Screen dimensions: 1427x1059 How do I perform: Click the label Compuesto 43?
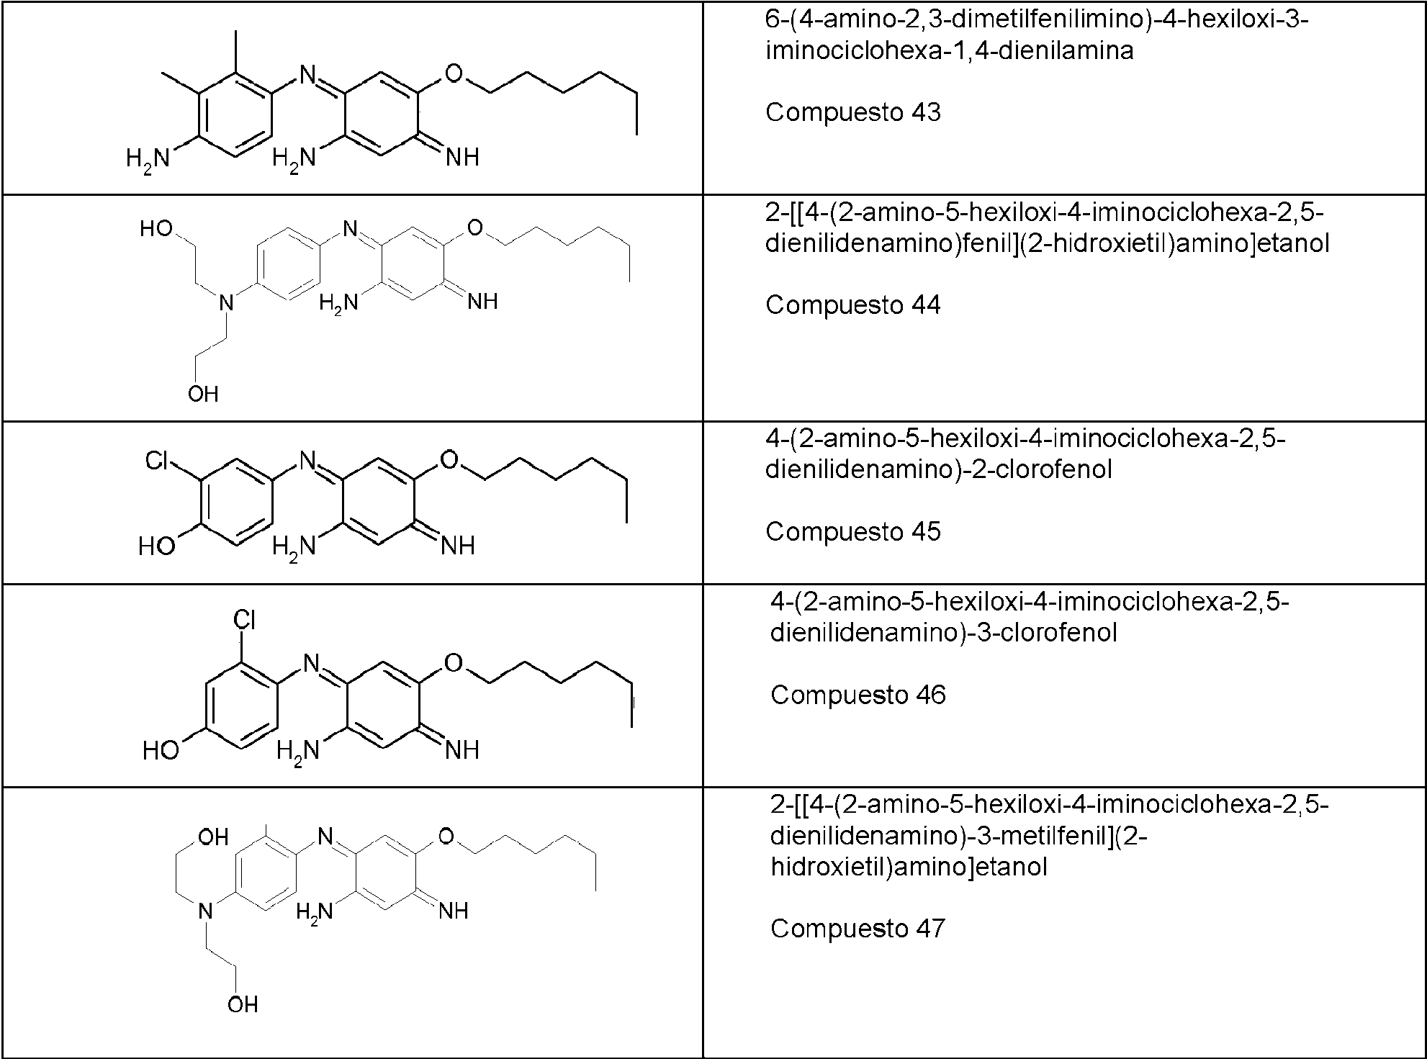(852, 112)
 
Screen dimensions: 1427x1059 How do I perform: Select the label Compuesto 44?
(852, 305)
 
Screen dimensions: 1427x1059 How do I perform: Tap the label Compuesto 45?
(852, 532)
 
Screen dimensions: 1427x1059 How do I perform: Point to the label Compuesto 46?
(857, 695)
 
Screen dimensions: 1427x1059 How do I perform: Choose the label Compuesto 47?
(857, 929)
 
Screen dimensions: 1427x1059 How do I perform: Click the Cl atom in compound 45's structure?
(157, 461)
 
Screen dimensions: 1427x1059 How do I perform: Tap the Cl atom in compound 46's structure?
(245, 620)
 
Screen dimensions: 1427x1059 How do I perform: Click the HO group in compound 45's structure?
(157, 546)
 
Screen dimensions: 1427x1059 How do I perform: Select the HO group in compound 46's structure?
(161, 751)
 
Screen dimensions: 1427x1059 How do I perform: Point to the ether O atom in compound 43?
(454, 73)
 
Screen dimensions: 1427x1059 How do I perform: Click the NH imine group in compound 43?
(462, 158)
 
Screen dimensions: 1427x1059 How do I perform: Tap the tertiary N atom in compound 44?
(227, 303)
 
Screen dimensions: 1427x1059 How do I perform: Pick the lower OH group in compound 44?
(203, 394)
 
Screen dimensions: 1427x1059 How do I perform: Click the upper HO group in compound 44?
(156, 229)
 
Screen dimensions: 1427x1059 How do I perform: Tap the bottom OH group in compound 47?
(243, 1005)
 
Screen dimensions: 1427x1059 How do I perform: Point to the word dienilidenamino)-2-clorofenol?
(939, 469)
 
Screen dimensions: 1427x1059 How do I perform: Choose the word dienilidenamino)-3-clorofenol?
(944, 633)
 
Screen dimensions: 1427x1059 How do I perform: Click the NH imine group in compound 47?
(453, 911)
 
